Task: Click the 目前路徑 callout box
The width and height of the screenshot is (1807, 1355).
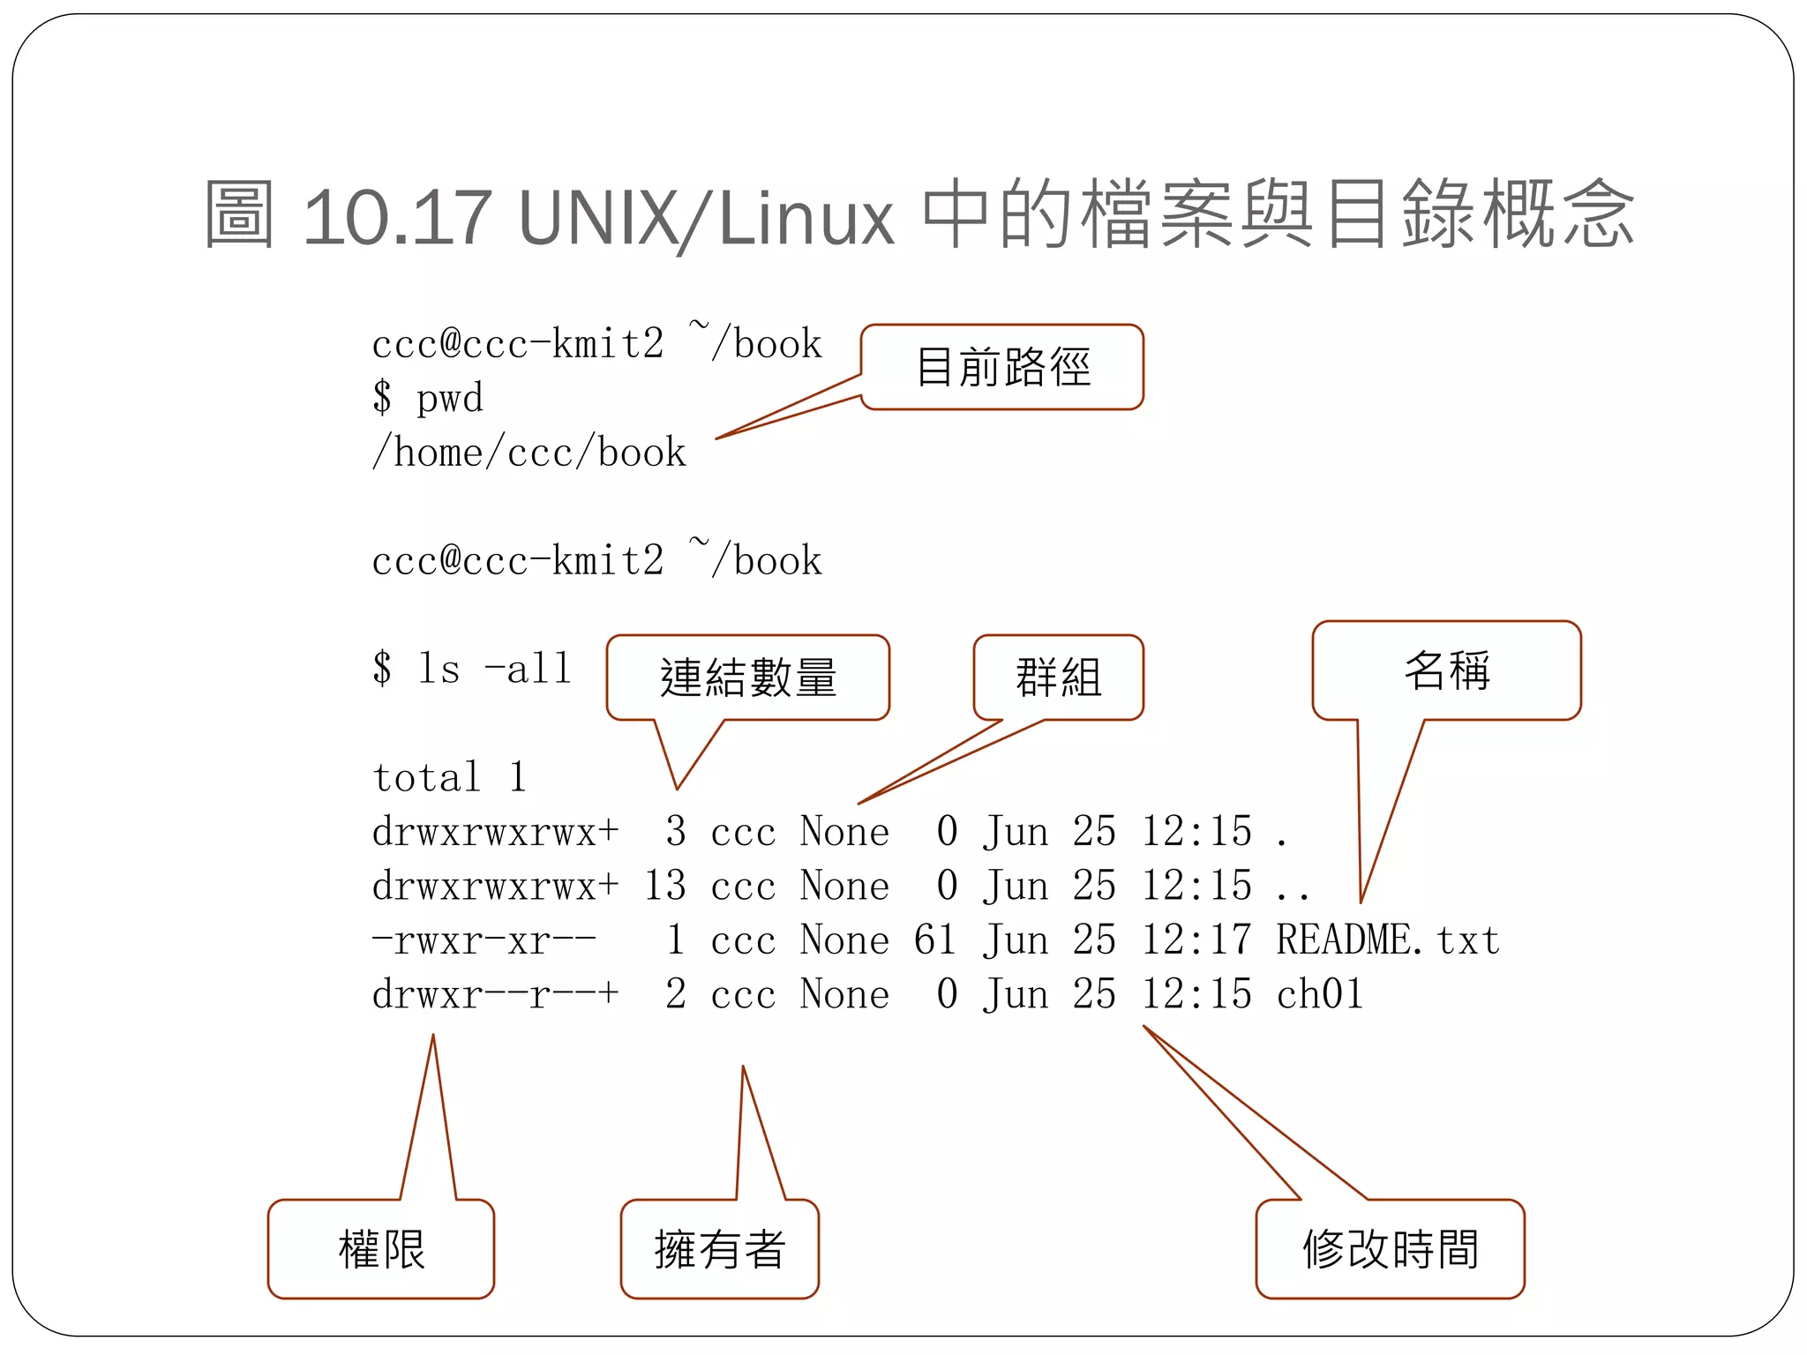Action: point(1002,367)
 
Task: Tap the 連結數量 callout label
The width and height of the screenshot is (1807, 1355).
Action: point(748,677)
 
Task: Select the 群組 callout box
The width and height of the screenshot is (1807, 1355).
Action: point(1058,677)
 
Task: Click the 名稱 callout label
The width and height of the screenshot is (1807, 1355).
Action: point(1447,670)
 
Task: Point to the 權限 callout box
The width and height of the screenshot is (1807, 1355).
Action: point(381,1249)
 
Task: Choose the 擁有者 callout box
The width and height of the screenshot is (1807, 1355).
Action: point(719,1249)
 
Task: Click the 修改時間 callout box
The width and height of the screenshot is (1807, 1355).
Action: point(1391,1249)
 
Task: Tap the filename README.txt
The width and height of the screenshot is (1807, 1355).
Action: point(1388,940)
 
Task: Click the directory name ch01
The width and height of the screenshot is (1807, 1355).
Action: point(1320,995)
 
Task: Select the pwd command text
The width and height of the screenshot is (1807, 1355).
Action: point(449,399)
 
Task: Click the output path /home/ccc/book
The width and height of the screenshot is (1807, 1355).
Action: point(529,453)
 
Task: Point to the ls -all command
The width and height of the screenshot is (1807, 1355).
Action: point(494,669)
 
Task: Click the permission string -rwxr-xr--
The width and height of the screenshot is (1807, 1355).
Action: point(484,940)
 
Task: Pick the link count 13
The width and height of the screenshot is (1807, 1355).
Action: point(664,886)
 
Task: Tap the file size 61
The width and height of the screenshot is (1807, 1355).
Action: point(934,940)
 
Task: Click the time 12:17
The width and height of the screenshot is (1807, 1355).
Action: point(1196,940)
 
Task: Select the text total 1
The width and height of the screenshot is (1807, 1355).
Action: point(449,778)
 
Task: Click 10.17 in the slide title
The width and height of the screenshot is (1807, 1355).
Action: point(396,217)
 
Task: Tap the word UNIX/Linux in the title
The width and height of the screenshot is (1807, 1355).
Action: point(706,217)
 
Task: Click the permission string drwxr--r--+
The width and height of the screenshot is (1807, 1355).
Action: point(495,995)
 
